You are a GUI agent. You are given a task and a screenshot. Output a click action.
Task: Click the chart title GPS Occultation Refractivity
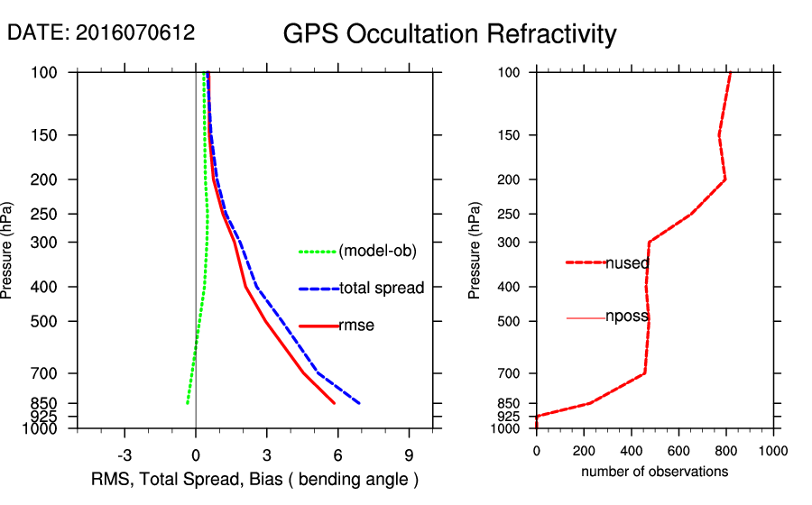449,34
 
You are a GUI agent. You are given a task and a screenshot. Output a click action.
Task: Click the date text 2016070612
101,33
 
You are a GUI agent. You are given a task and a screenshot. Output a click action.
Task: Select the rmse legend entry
356,326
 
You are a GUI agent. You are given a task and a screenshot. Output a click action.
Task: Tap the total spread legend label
382,289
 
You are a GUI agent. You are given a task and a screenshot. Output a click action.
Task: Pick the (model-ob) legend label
377,252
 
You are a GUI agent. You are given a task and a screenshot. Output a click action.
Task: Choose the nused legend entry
627,263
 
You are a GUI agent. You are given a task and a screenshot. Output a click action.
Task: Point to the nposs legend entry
627,318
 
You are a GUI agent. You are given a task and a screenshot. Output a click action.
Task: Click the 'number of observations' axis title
654,472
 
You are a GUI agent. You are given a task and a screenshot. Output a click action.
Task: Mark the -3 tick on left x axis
125,454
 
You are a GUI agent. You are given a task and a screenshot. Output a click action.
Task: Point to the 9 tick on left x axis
409,454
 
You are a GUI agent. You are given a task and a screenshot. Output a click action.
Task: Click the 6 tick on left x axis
337,454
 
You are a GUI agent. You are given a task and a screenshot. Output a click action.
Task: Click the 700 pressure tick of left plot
51,373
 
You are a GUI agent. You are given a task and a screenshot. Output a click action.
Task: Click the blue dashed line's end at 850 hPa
359,403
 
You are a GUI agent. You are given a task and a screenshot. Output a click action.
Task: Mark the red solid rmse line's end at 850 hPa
335,403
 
